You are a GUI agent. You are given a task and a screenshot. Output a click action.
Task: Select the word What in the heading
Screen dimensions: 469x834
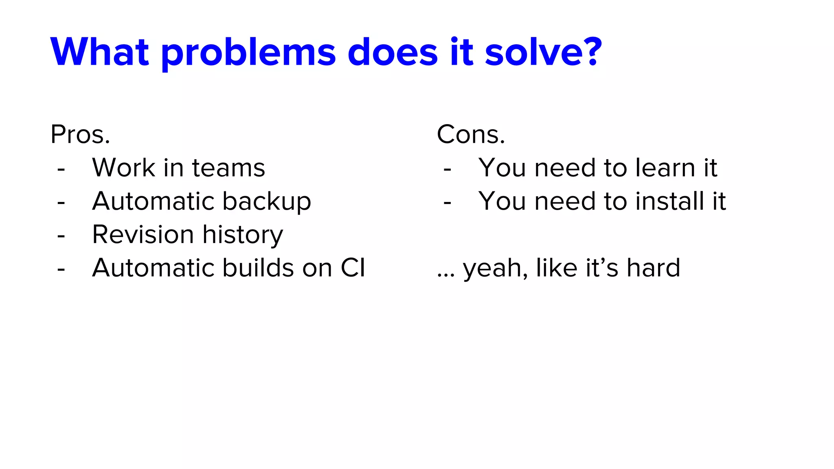100,52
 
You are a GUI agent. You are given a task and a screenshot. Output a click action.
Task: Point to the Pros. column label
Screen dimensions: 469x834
80,134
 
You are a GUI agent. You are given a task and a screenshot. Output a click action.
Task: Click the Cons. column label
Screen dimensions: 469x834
471,134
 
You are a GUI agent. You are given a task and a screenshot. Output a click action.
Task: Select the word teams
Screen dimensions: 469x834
228,168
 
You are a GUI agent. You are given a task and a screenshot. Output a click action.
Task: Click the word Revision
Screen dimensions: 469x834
143,235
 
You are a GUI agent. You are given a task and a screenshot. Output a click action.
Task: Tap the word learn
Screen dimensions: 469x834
665,168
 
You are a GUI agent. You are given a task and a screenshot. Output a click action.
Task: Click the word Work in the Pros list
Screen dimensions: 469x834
124,168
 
